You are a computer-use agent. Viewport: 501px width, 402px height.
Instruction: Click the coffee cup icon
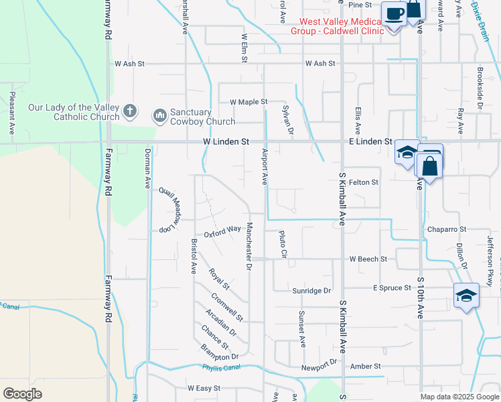click(x=394, y=13)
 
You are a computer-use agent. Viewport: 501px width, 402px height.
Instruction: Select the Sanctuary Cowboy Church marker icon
click(x=159, y=117)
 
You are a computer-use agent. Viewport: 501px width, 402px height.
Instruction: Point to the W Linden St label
click(x=226, y=142)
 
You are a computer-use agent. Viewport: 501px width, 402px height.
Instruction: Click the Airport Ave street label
click(x=264, y=167)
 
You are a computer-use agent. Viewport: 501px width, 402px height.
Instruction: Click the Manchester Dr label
click(x=248, y=246)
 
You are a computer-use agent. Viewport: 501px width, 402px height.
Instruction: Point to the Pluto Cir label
click(x=283, y=245)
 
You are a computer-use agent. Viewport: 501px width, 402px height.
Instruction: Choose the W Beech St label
click(x=368, y=259)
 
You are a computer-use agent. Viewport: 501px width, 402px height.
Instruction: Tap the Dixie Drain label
click(x=480, y=11)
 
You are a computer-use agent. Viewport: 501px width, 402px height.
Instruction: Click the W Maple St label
click(x=248, y=102)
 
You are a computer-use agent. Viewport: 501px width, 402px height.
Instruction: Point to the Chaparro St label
click(x=447, y=229)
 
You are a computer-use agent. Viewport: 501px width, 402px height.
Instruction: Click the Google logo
click(x=22, y=393)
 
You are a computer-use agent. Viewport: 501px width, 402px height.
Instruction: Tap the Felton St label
click(x=364, y=182)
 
